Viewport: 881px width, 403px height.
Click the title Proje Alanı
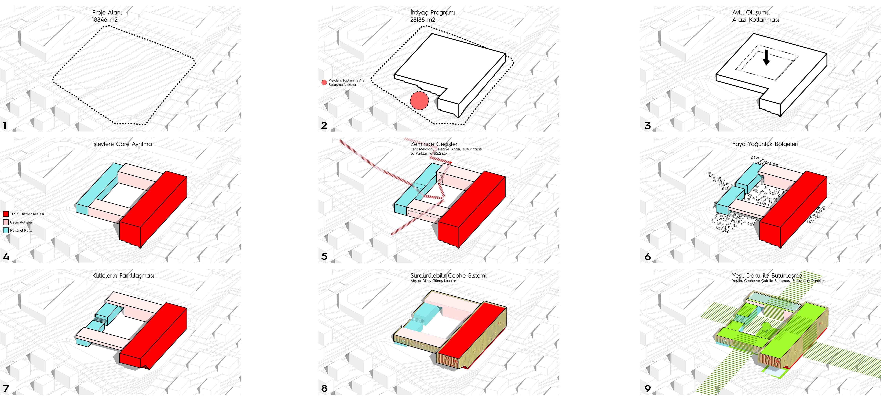click(107, 13)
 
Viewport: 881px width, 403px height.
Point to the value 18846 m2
click(105, 20)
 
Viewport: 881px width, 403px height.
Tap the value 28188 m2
click(423, 20)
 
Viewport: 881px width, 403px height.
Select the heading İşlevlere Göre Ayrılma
click(122, 144)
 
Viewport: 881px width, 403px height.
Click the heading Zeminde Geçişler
click(434, 144)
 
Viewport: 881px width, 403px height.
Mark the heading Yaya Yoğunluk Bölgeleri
click(765, 144)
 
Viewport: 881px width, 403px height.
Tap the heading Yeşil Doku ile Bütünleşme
click(767, 275)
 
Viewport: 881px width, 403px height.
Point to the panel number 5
click(324, 256)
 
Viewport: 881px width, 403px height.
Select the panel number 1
click(5, 125)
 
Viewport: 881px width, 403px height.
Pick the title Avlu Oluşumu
click(751, 13)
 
